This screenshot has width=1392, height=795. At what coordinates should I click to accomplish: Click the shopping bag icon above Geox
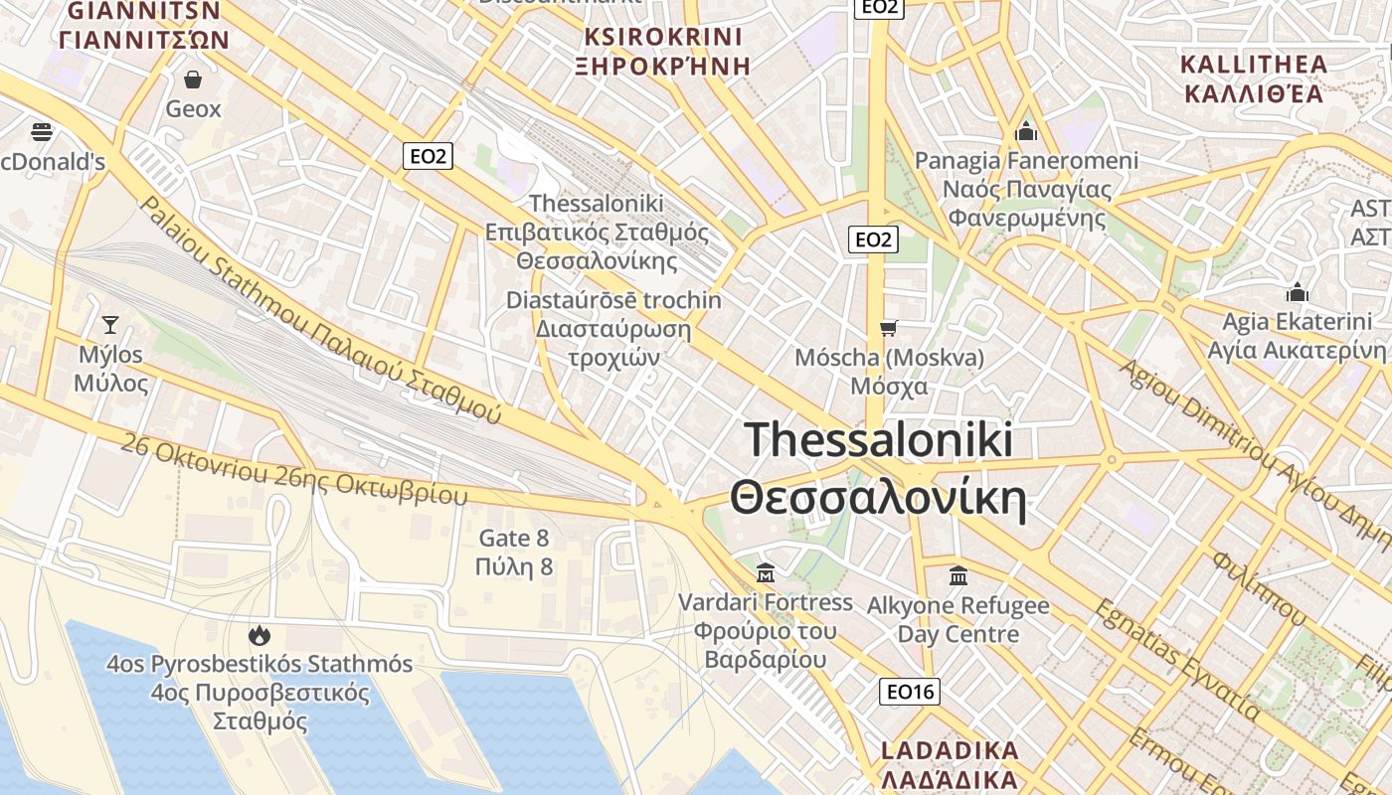pyautogui.click(x=193, y=79)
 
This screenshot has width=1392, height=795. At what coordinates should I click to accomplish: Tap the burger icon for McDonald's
pyautogui.click(x=41, y=131)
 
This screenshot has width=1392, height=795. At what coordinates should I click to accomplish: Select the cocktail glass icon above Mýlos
pyautogui.click(x=110, y=324)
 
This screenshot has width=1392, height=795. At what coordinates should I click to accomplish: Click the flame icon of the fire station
pyautogui.click(x=260, y=634)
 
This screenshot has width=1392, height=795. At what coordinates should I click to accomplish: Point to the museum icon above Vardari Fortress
pyautogui.click(x=766, y=572)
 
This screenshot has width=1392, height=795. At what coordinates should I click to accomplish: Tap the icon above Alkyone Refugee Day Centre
pyautogui.click(x=958, y=575)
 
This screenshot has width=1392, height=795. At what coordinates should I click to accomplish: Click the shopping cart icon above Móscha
pyautogui.click(x=888, y=328)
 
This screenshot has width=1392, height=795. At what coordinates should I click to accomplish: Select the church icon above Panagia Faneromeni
pyautogui.click(x=1026, y=131)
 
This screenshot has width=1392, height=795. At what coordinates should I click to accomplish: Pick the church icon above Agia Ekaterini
pyautogui.click(x=1297, y=292)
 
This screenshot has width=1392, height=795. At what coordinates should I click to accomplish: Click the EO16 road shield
pyautogui.click(x=909, y=692)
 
